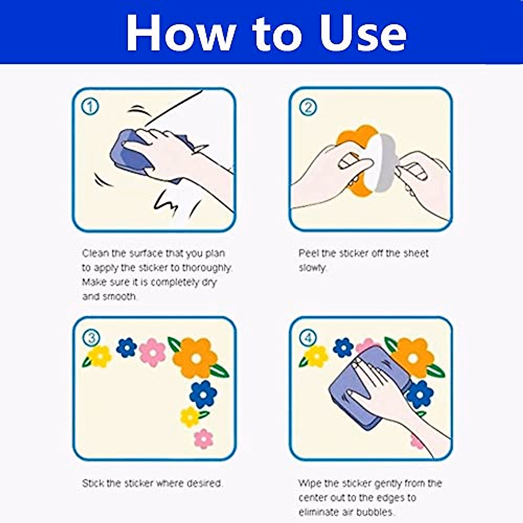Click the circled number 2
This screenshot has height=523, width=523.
[x=308, y=108]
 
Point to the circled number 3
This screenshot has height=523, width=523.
[x=92, y=338]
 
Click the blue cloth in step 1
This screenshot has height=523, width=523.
[x=130, y=155]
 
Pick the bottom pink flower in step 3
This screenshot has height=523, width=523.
[x=204, y=439]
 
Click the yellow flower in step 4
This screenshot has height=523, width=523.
[x=316, y=356]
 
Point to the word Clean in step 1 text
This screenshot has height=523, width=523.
[x=95, y=253]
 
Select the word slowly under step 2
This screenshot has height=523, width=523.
[x=312, y=268]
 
